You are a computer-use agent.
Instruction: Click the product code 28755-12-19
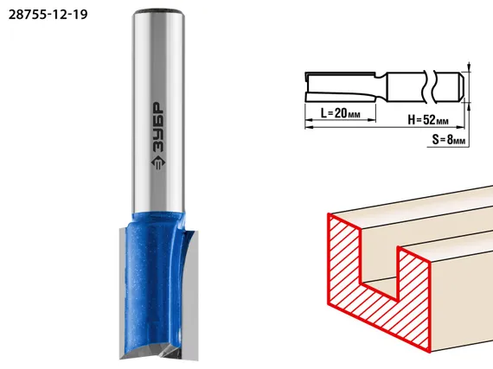48,15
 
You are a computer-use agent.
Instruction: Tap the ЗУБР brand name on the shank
157,126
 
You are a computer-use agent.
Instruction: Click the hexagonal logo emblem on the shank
157,162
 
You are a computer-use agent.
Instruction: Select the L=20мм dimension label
341,113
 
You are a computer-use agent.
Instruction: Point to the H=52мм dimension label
428,119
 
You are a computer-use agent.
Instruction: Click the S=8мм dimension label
449,140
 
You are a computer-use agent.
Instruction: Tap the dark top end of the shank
158,12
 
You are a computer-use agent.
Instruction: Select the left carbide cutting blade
123,294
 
